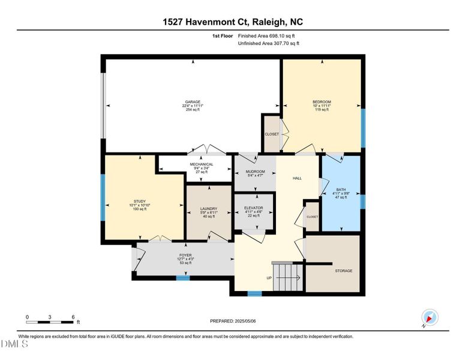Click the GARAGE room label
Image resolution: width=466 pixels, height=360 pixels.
click(x=192, y=102)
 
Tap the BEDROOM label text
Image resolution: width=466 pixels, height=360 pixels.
click(x=321, y=102)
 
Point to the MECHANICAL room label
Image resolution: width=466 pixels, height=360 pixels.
click(x=202, y=164)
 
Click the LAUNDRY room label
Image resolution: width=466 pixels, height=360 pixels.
click(x=208, y=209)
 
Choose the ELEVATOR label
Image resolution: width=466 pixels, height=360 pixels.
click(x=254, y=208)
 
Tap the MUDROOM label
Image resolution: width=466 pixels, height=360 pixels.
click(x=255, y=172)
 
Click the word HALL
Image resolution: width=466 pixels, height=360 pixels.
click(x=297, y=178)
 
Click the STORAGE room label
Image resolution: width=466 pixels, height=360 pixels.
click(x=344, y=271)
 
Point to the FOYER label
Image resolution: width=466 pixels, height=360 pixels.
click(x=185, y=255)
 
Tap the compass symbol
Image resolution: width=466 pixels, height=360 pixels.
click(x=430, y=317)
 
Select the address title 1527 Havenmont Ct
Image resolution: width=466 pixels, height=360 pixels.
click(x=233, y=22)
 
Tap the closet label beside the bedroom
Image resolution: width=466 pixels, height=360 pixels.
click(x=272, y=134)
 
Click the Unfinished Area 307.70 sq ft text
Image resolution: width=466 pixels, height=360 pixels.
click(x=268, y=43)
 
